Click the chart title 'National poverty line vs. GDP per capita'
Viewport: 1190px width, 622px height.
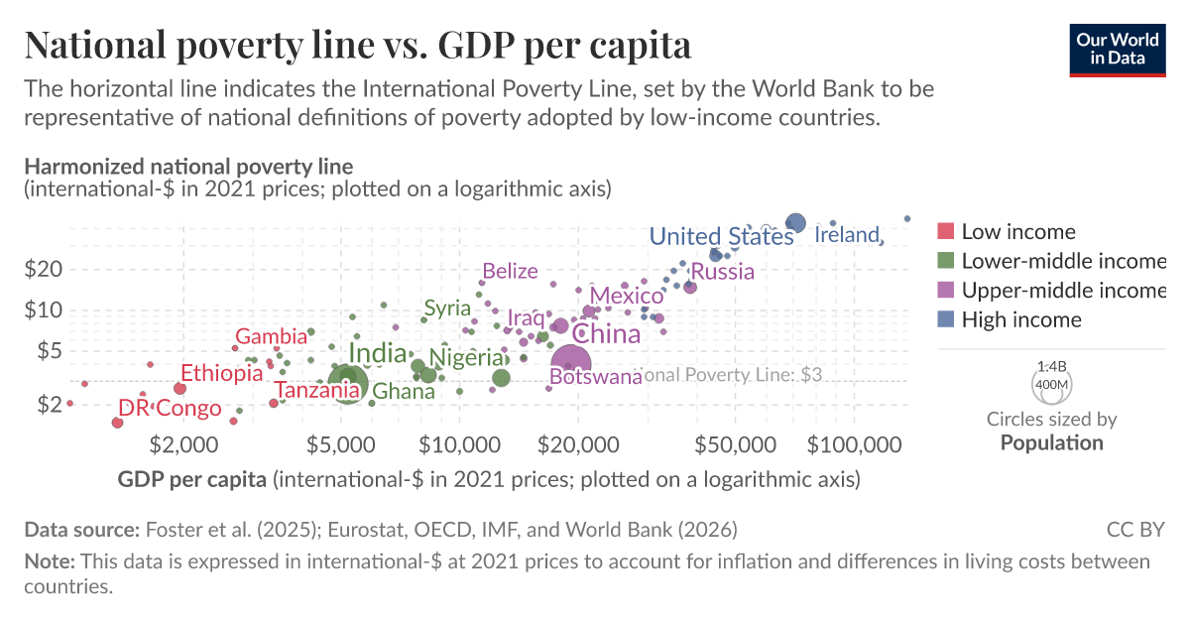358,46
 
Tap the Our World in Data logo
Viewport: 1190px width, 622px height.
1118,47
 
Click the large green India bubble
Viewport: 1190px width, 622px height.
346,384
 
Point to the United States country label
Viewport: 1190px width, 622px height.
721,236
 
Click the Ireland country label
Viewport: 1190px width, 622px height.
847,235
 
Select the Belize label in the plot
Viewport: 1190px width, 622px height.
510,271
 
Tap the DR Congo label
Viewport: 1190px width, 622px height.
170,408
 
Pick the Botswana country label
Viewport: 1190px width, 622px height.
596,378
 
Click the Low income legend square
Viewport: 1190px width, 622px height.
945,232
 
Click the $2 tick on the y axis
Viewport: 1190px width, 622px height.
50,404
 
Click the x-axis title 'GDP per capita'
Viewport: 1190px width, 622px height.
191,480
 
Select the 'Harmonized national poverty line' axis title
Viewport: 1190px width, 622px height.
188,166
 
